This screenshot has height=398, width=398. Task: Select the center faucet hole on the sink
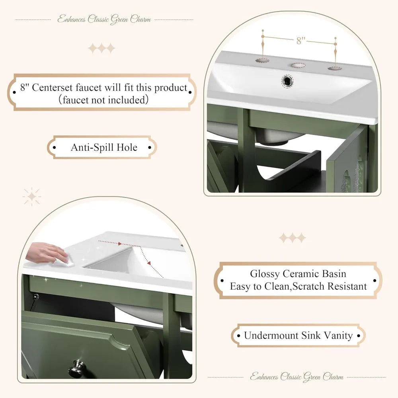(297, 64)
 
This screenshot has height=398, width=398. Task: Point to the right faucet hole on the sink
(335, 68)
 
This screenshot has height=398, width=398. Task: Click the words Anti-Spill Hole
(104, 147)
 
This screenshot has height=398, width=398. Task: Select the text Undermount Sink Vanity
(298, 336)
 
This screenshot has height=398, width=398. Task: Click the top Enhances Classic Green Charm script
(104, 19)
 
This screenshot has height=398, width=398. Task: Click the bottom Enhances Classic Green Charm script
(296, 376)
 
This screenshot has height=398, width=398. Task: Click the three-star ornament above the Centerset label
(101, 49)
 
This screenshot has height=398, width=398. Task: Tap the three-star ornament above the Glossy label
(293, 238)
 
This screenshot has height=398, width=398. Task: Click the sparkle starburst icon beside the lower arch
(32, 197)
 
